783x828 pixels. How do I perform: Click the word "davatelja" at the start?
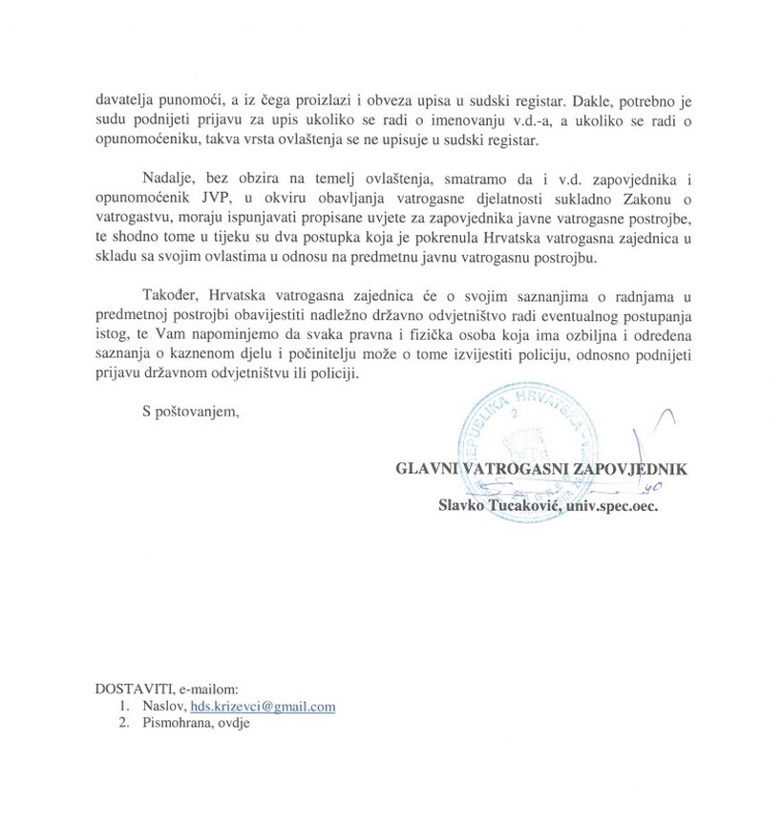(123, 98)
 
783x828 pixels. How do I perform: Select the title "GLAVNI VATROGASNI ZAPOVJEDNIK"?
(541, 469)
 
